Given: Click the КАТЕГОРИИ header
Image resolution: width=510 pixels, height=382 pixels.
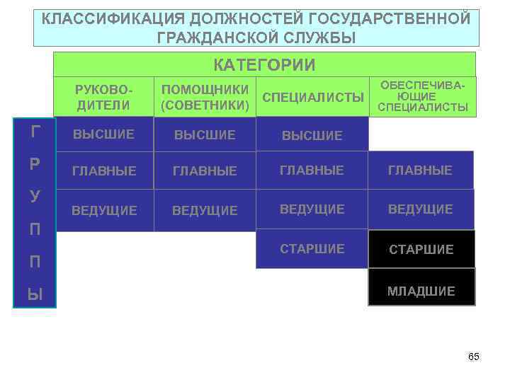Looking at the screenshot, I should click(x=265, y=65).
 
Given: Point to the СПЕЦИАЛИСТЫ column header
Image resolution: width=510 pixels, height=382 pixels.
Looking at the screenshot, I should click(x=313, y=97).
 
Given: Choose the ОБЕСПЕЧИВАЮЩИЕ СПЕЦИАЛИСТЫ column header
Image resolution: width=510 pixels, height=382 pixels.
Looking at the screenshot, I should click(x=423, y=96).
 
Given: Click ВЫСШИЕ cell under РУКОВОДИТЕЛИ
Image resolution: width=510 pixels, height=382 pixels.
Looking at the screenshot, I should click(x=105, y=134).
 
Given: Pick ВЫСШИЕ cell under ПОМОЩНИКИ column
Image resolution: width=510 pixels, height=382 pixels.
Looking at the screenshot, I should click(x=205, y=134).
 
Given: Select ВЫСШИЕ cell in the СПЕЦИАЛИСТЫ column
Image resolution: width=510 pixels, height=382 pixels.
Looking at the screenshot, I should click(x=312, y=135).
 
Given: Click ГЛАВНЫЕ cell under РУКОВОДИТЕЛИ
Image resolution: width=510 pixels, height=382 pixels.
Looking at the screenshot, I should click(x=105, y=170).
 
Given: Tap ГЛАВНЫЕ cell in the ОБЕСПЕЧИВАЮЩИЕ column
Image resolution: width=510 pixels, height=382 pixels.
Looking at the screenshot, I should click(x=421, y=170).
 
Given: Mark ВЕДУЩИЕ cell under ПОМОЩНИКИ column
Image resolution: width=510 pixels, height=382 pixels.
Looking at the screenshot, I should click(x=205, y=210).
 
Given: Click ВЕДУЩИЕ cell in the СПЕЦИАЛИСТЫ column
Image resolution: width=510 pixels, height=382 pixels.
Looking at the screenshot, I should click(x=312, y=209).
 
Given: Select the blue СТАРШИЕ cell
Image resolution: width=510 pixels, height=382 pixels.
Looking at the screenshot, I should click(x=312, y=249).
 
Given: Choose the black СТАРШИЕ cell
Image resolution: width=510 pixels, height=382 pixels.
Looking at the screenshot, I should click(x=421, y=250).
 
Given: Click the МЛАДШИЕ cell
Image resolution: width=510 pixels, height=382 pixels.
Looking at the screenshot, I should click(x=421, y=291).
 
